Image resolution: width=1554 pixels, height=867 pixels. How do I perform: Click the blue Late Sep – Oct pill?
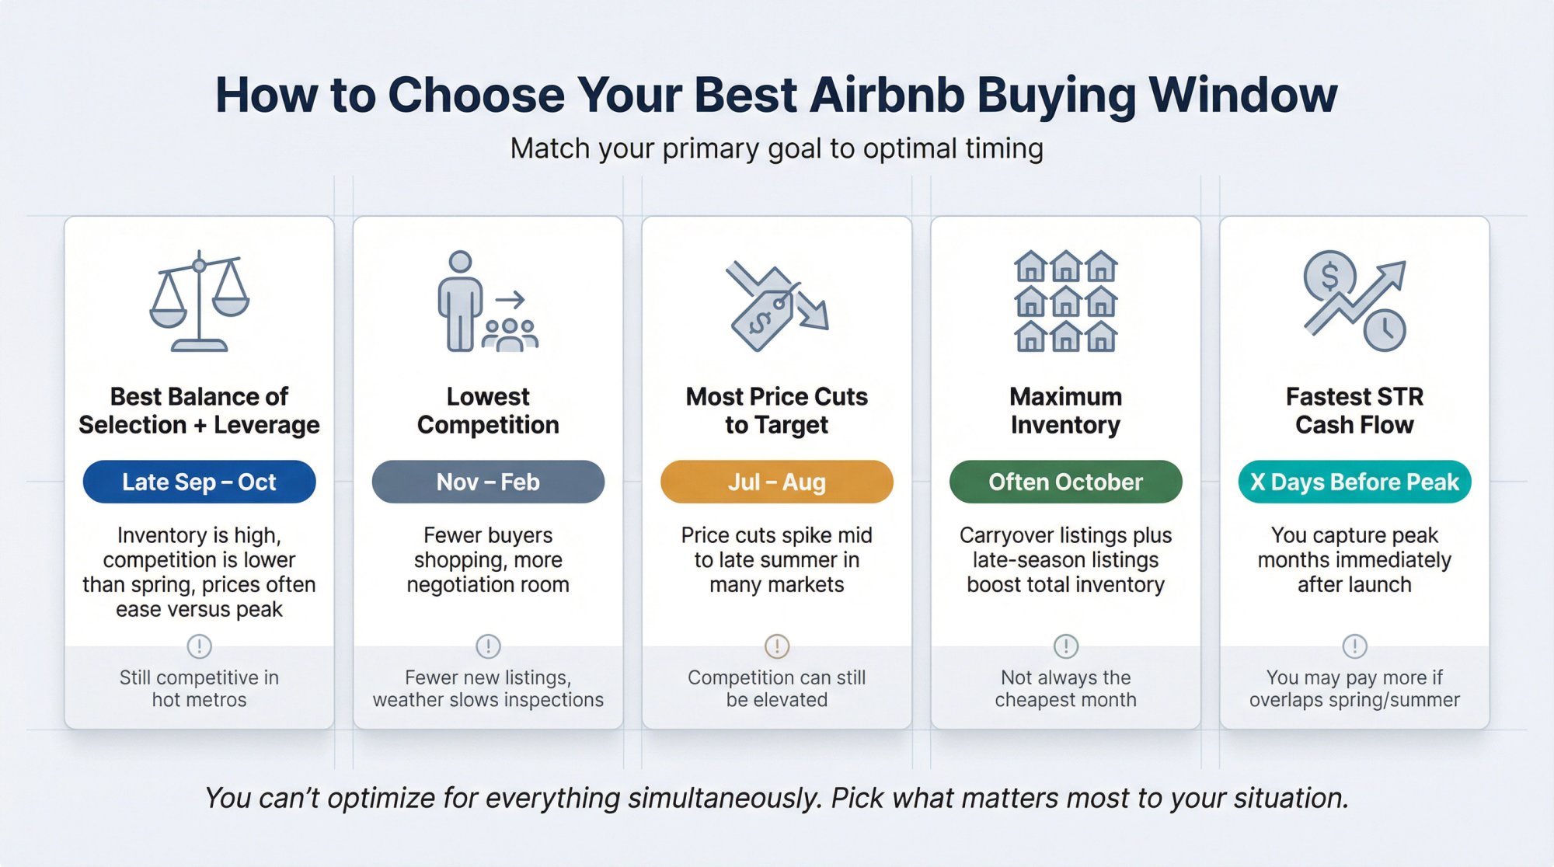click(199, 482)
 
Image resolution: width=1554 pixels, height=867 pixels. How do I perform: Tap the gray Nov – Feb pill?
click(488, 482)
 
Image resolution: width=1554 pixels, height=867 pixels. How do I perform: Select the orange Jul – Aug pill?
click(776, 482)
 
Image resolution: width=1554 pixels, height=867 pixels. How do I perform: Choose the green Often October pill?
click(1065, 482)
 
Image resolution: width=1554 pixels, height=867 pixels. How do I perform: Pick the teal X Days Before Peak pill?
click(1354, 482)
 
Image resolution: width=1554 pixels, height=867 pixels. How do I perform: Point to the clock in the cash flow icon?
click(1384, 330)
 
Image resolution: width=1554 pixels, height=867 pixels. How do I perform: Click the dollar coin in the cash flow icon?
click(1329, 277)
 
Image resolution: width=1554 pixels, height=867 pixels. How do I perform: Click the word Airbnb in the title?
click(887, 95)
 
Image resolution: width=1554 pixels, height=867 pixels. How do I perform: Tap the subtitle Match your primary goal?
click(776, 148)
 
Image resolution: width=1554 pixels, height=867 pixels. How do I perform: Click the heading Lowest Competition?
click(488, 411)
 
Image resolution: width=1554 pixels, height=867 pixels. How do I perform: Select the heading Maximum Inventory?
click(1065, 411)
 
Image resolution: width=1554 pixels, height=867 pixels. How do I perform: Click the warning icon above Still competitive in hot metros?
click(199, 646)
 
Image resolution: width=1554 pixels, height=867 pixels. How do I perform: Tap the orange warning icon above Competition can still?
click(776, 646)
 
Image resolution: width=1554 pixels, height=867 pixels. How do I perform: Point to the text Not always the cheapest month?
click(1065, 688)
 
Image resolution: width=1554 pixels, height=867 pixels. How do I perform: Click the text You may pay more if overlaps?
click(1354, 688)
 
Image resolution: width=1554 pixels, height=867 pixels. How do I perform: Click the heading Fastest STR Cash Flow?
click(1354, 411)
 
